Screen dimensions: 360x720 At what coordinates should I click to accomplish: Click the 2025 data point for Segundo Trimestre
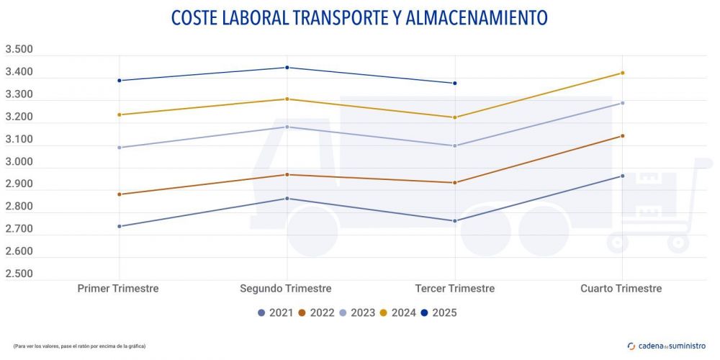tap(287, 68)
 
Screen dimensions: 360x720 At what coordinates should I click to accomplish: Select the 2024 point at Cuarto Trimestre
tap(622, 73)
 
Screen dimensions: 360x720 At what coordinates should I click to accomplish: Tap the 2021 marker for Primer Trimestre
tap(119, 226)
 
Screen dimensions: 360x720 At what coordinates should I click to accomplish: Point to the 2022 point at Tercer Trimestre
tap(454, 183)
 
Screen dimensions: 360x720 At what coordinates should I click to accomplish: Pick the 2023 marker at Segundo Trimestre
tap(287, 127)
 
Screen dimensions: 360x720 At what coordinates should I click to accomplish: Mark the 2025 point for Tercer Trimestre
tap(454, 84)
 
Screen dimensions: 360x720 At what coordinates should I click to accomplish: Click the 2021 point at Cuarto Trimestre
tap(622, 176)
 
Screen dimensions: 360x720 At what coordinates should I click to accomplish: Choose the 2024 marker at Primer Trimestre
tap(119, 114)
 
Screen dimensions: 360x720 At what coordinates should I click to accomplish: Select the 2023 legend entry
tap(359, 312)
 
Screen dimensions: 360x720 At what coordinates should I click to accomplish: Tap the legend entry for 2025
tap(439, 312)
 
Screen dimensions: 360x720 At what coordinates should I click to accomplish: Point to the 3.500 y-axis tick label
tap(19, 50)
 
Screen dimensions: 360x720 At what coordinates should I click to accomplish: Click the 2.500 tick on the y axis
tap(19, 274)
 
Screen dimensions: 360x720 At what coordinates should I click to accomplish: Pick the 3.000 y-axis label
tap(19, 162)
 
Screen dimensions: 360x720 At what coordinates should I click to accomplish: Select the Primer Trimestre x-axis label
tap(118, 288)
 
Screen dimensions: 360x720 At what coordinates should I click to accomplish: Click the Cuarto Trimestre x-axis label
tap(621, 288)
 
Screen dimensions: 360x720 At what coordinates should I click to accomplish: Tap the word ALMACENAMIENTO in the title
tap(477, 18)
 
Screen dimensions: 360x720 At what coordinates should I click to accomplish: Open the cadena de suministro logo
tap(667, 346)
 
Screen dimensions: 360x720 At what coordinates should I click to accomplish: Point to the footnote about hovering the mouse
tap(79, 346)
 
